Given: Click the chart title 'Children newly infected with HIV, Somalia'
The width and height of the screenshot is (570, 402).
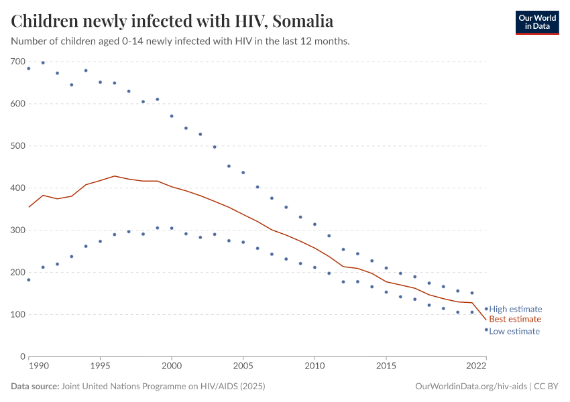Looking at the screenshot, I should tap(172, 21).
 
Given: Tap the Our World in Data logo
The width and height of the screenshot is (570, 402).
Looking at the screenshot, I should tap(537, 22).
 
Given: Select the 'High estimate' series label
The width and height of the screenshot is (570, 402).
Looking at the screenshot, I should tap(515, 309).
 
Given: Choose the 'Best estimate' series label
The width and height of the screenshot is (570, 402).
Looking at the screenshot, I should tap(515, 320).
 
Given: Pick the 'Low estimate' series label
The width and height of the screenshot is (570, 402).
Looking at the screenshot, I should tap(514, 331).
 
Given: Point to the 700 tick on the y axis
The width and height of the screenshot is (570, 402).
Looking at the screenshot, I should tap(18, 62).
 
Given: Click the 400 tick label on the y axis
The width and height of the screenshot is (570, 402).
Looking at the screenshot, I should tap(18, 188).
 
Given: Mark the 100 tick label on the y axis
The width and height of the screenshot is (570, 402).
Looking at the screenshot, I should tap(18, 314).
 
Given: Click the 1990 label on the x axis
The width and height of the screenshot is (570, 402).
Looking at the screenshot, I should tap(38, 367).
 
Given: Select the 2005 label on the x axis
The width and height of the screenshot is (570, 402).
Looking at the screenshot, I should tap(243, 367).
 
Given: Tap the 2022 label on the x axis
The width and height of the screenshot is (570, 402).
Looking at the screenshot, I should tap(476, 367).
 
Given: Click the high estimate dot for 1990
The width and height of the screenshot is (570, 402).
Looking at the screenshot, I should tap(29, 68).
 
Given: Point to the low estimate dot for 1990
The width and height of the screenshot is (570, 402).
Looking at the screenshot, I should tap(29, 279).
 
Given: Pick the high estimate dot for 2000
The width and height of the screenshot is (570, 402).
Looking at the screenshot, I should tap(172, 116).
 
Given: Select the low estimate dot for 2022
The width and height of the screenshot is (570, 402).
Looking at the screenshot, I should tap(486, 330).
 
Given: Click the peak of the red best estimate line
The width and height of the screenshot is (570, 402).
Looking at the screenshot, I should tap(115, 176).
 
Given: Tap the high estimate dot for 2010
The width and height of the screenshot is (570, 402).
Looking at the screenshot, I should tap(315, 224).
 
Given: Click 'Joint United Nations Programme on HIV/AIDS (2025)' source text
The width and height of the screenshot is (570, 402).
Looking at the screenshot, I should tap(163, 387).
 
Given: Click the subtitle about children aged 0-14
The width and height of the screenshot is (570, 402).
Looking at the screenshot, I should tap(180, 41).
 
